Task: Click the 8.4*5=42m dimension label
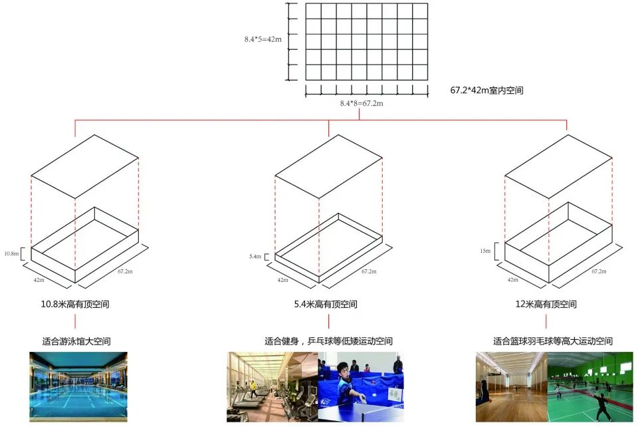point(263,39)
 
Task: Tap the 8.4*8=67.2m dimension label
point(362,104)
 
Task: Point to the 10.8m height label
point(12,254)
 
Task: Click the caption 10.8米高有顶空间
point(75,305)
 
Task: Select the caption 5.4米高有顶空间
point(326,305)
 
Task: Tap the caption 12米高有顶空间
point(546,305)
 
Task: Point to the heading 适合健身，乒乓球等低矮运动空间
point(328,341)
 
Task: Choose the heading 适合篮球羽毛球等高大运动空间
point(552,341)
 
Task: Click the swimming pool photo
point(78,387)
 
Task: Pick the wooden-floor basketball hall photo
point(511,387)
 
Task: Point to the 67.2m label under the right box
point(598,271)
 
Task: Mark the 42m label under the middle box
point(283,280)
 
